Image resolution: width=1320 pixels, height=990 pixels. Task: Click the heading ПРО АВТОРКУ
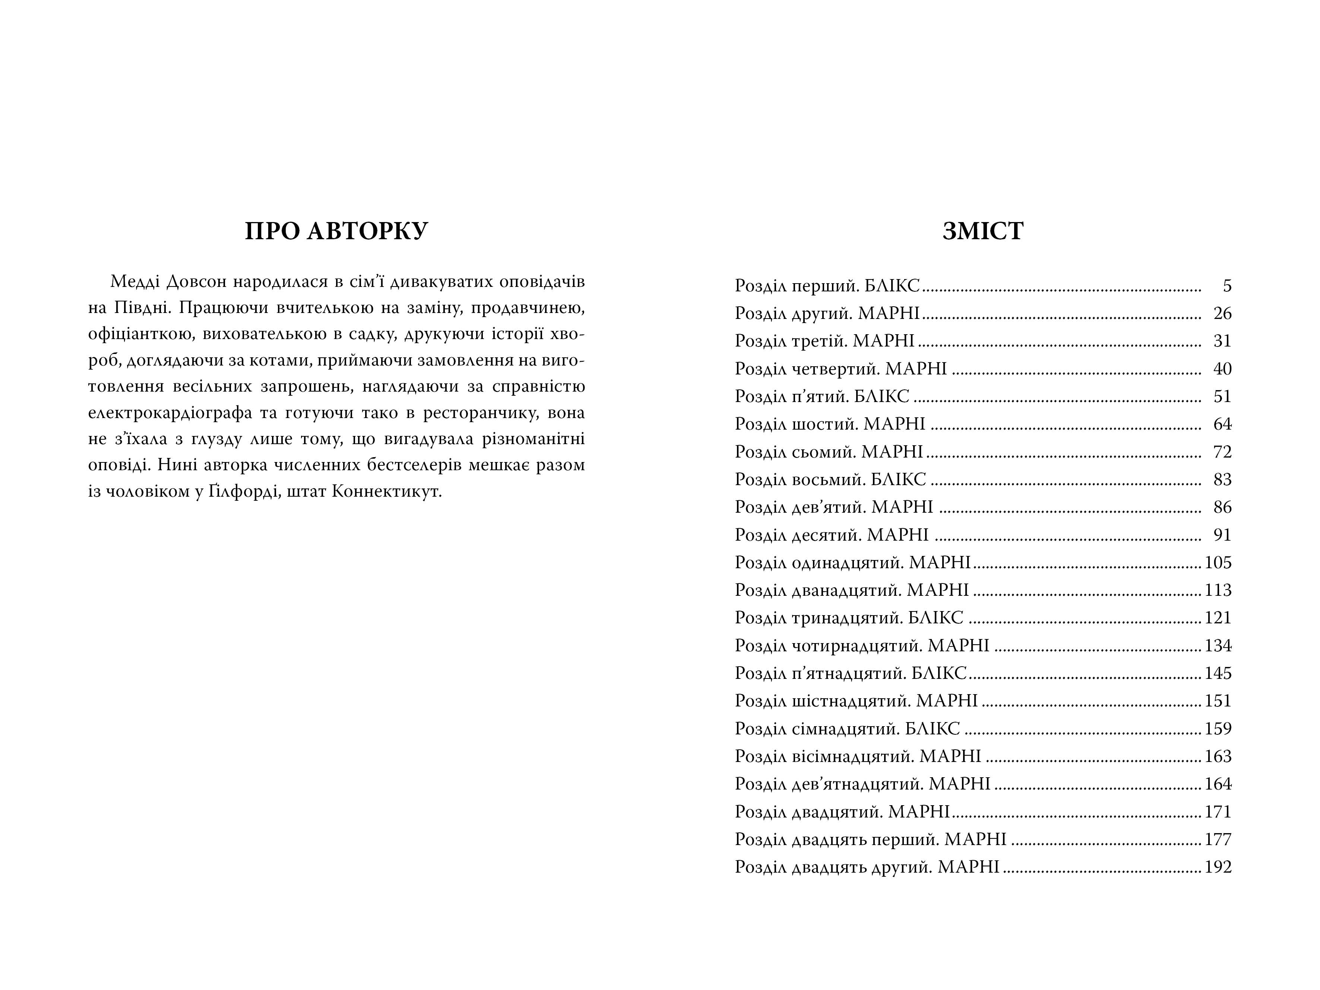click(x=336, y=231)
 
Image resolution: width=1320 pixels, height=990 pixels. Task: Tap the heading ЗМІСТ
click(x=983, y=231)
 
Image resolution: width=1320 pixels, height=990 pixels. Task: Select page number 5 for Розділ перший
click(x=1227, y=286)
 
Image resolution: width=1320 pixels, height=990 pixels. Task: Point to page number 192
click(x=1218, y=867)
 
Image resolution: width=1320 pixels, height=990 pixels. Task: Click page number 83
click(x=1222, y=479)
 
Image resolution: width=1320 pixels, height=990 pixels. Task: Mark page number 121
click(x=1218, y=618)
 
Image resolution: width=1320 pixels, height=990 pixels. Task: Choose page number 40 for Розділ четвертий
click(x=1222, y=369)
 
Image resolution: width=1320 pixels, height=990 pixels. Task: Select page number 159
click(x=1218, y=729)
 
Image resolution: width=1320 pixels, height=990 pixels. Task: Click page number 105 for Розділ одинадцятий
click(x=1218, y=562)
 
